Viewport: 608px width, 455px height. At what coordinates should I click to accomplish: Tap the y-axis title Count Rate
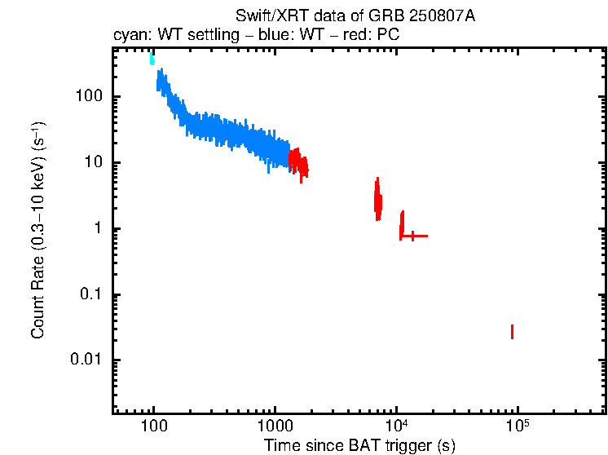(38, 230)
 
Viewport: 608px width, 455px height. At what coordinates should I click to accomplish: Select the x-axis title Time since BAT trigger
(359, 444)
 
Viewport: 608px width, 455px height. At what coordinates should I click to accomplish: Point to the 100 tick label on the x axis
(153, 425)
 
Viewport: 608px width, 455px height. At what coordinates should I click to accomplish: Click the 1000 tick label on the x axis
(275, 425)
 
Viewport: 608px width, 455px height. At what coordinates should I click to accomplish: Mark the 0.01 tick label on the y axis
(86, 360)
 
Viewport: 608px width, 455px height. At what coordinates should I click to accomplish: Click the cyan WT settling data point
(152, 58)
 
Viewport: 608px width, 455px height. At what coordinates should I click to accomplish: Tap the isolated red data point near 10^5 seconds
(512, 331)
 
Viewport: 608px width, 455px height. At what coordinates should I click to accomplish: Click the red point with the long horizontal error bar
(413, 236)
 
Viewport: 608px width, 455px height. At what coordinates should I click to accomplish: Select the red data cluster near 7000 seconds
(377, 200)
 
